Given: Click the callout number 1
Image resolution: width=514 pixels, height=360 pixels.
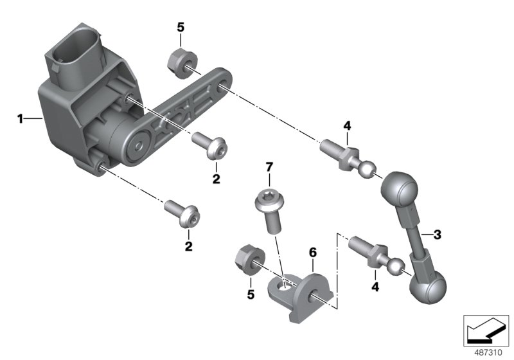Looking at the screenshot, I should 20,118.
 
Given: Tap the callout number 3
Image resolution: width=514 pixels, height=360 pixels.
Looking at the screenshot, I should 438,235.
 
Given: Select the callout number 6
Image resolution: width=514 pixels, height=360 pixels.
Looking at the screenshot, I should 312,254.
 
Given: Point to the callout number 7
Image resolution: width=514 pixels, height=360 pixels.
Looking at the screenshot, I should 269,168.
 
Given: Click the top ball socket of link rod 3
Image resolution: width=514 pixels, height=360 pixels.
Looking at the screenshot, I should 398,191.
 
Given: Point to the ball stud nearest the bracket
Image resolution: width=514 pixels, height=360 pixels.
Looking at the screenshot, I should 373,256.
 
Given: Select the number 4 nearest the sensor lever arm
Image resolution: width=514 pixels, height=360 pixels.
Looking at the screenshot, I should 347,125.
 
